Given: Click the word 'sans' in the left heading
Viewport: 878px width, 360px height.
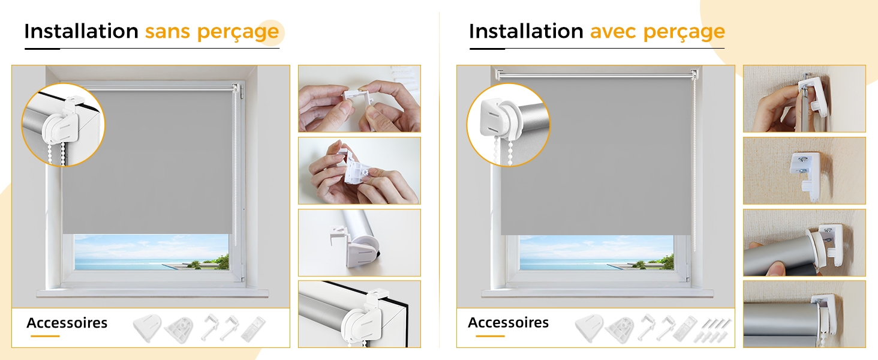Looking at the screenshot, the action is coord(167,31).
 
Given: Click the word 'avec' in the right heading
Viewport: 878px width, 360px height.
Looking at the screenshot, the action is coord(613,31).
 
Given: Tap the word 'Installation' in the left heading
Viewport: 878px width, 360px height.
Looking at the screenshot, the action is coord(81,31).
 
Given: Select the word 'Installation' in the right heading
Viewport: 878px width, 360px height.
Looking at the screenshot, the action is coord(526,31).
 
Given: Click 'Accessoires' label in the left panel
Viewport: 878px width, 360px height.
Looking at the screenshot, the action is coord(67,323).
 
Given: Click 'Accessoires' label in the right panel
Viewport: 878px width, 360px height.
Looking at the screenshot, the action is coord(508,322).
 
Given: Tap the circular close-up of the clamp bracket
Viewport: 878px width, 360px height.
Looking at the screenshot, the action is coord(63,125).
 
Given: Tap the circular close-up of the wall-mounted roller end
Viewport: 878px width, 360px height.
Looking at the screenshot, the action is coord(509,125).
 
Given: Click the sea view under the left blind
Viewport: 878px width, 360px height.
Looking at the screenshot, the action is coord(151,252).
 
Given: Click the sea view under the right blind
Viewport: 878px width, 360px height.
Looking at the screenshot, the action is coord(596,253).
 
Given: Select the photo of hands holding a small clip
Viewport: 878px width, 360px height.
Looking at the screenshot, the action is coord(359,98).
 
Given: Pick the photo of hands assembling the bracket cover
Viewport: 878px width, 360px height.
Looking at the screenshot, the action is coord(359,170).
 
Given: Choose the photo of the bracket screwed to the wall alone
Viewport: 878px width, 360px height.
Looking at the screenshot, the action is coord(804,170).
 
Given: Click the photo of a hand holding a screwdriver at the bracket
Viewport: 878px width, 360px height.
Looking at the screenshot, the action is coord(804,98).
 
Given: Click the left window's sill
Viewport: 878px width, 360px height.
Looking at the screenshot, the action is coord(152,293).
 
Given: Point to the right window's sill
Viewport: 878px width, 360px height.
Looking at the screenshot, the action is coord(597,293).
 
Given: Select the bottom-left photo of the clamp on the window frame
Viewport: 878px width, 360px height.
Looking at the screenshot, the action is coord(359,314).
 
